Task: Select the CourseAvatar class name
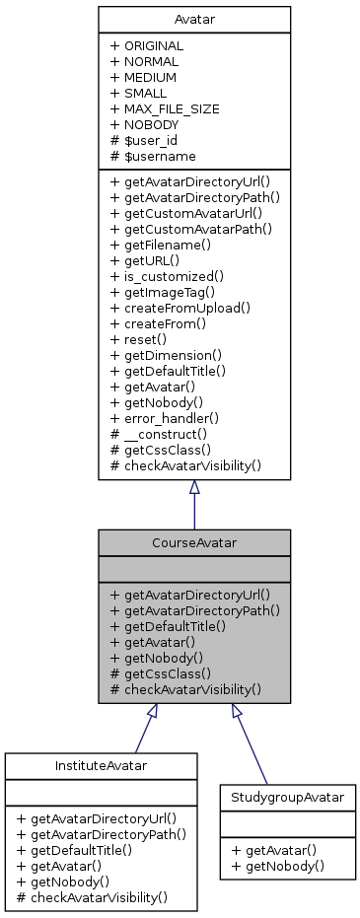(193, 541)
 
